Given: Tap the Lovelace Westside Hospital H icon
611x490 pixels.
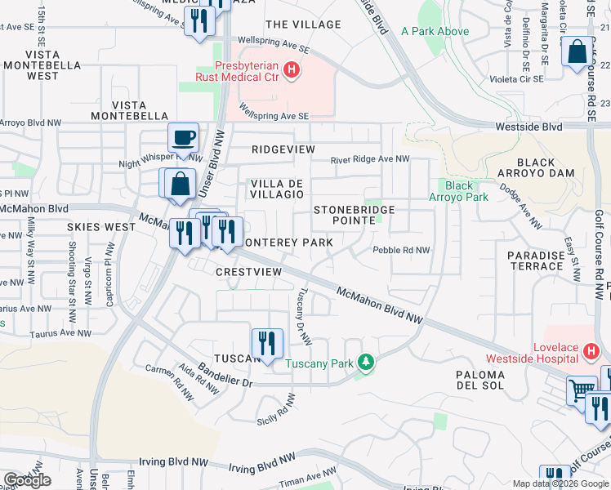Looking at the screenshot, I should click(593, 351).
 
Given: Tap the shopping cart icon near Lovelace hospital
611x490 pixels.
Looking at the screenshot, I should click(581, 390).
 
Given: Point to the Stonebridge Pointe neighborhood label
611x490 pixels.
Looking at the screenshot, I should click(355, 216).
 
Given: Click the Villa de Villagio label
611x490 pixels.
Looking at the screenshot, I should click(277, 189).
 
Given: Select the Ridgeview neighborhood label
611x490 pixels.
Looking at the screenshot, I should click(283, 150).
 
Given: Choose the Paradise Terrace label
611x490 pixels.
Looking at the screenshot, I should click(536, 261).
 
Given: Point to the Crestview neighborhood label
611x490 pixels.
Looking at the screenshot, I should click(249, 271).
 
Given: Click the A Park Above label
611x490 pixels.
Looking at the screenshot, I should click(435, 32).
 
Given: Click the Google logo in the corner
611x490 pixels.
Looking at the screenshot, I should click(27, 480).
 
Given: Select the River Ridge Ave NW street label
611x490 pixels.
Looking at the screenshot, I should click(369, 160).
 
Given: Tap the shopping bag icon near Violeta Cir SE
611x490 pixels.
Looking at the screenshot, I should click(577, 51).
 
